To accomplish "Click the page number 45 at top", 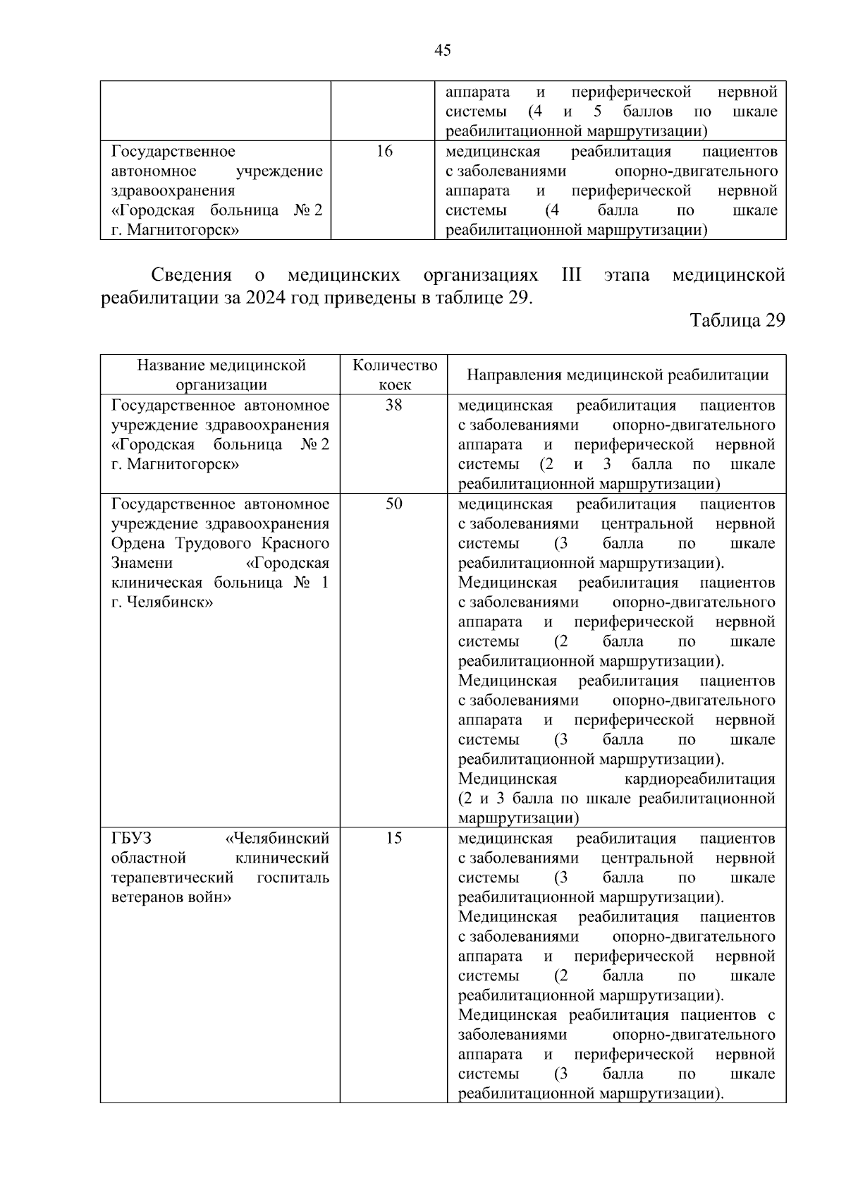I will click(x=443, y=50).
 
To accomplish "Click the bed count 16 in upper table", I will click(x=384, y=152).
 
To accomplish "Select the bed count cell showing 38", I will click(x=393, y=406).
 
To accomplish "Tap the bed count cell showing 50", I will click(x=393, y=504).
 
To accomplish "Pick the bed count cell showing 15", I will click(x=393, y=839).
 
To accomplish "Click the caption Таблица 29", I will click(x=737, y=320).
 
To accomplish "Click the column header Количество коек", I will click(x=394, y=375).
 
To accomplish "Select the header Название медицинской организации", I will click(x=221, y=375).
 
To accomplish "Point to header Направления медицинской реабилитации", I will click(x=617, y=375).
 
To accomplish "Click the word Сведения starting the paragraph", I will click(x=191, y=275).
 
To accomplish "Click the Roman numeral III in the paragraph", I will click(x=571, y=275).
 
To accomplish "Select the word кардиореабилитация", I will click(x=699, y=779).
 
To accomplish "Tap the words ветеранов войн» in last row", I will click(x=172, y=898).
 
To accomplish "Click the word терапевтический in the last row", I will click(x=172, y=878).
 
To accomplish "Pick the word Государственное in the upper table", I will click(x=173, y=152).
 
